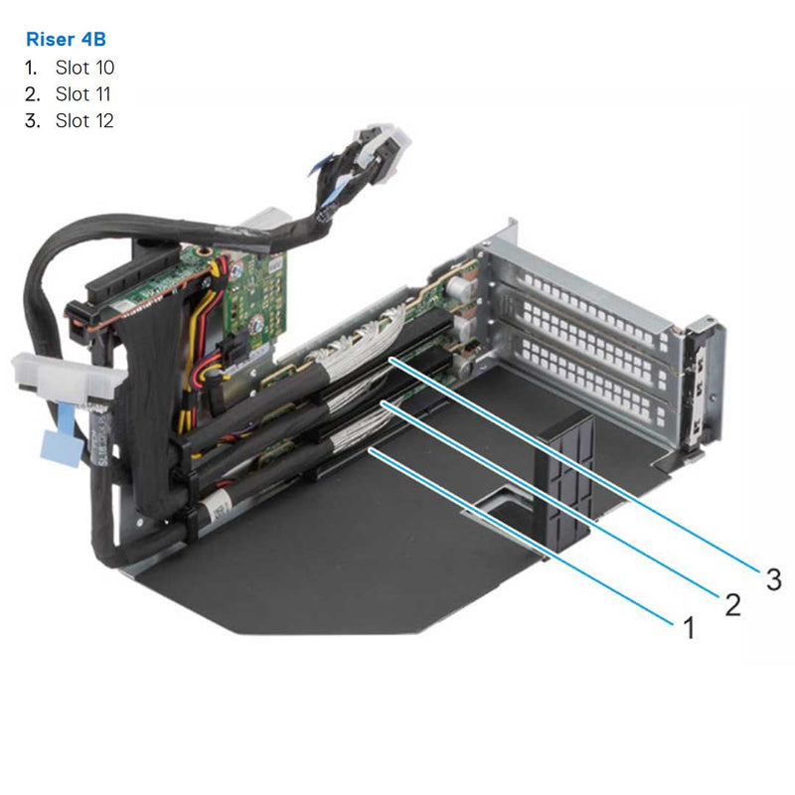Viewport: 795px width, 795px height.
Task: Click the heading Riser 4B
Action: click(x=65, y=40)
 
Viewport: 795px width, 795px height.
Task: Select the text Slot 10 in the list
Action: click(x=84, y=68)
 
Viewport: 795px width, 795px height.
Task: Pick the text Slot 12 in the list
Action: click(x=84, y=121)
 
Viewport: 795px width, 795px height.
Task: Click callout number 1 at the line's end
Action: click(x=685, y=627)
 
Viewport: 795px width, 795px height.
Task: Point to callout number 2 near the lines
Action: click(x=731, y=603)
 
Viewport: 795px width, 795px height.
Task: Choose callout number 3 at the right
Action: click(x=773, y=578)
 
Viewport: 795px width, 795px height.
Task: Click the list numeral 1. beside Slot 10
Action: click(x=32, y=68)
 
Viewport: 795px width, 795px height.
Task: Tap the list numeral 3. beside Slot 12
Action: click(x=32, y=121)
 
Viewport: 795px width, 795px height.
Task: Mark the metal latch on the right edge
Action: click(x=702, y=388)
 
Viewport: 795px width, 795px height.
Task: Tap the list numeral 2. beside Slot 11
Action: click(x=32, y=94)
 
